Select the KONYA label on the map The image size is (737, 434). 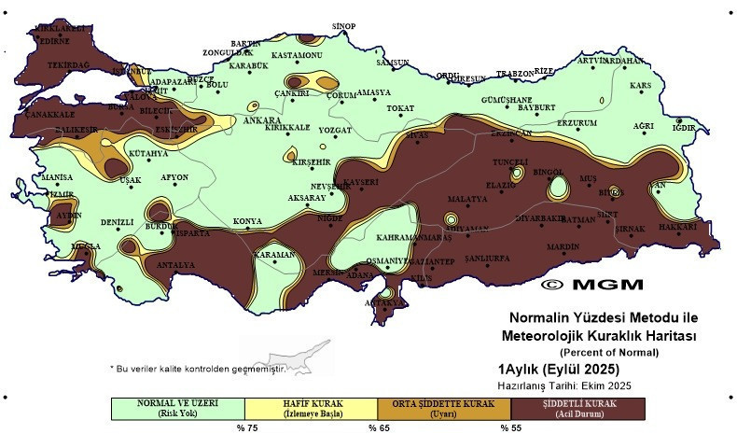247,221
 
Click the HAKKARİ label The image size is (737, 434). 684,227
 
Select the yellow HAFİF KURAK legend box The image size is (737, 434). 311,408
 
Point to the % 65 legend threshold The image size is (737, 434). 377,427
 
